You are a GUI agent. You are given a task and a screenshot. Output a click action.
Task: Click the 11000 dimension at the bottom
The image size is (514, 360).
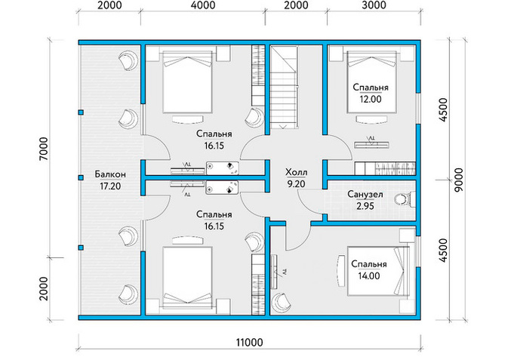(x=250, y=343)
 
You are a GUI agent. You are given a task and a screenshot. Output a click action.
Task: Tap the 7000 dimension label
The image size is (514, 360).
(x=44, y=149)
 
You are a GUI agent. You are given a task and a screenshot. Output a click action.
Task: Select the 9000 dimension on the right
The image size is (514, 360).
(x=459, y=180)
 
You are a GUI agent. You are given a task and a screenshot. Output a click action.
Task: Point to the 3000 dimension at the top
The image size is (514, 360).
(x=374, y=5)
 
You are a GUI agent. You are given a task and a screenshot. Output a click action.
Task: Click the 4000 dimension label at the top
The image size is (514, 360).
(x=203, y=5)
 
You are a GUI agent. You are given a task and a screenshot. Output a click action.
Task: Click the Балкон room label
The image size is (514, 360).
(x=110, y=174)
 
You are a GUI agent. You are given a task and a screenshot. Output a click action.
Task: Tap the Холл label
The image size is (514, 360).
(x=297, y=172)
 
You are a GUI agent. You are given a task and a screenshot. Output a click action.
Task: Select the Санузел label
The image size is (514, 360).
(x=365, y=195)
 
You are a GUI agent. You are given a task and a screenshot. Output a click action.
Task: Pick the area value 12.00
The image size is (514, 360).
(x=371, y=100)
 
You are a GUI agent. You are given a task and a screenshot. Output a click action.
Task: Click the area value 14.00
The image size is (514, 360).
(x=369, y=276)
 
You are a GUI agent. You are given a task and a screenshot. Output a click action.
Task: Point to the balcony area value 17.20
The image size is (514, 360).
(x=110, y=186)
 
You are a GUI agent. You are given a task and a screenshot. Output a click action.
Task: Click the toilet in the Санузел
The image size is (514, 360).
(x=404, y=199)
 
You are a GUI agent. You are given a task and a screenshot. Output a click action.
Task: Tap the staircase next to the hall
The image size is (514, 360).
(x=284, y=88)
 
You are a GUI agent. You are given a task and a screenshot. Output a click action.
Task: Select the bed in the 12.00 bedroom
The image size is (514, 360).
(x=372, y=82)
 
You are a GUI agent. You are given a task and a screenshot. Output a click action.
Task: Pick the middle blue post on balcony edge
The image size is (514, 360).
(x=81, y=177)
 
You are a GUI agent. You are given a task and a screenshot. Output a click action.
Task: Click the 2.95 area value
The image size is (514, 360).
(x=365, y=206)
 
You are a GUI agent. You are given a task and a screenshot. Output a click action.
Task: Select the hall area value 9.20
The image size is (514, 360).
(x=297, y=184)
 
